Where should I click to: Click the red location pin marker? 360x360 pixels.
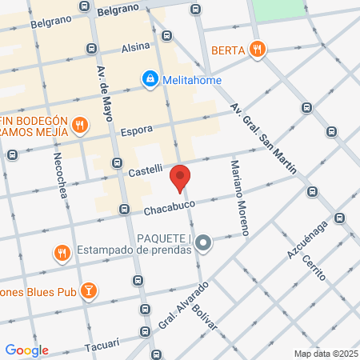click(180, 178)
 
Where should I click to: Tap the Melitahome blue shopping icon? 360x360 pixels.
click(149, 79)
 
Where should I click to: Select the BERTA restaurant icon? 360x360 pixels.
click(257, 50)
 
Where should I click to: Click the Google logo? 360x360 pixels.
click(26, 350)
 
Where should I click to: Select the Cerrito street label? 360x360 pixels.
click(315, 268)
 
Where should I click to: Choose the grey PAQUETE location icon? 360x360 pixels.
click(204, 242)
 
